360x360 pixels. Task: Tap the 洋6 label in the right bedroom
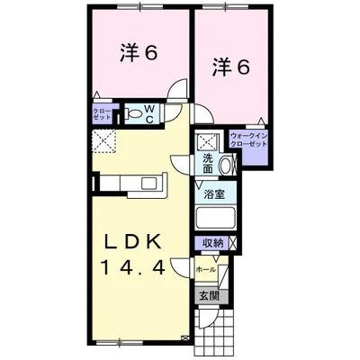tap(230, 67)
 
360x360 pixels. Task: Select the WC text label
tap(149, 114)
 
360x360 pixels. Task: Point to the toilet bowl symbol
tap(133, 114)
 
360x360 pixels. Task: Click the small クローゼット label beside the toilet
tap(101, 113)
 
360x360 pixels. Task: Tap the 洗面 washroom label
tap(208, 163)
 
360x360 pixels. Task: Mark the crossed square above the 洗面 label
tap(208, 142)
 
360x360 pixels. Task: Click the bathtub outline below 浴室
tap(215, 218)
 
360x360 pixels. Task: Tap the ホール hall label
tap(206, 268)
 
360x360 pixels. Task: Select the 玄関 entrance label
tap(208, 295)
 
